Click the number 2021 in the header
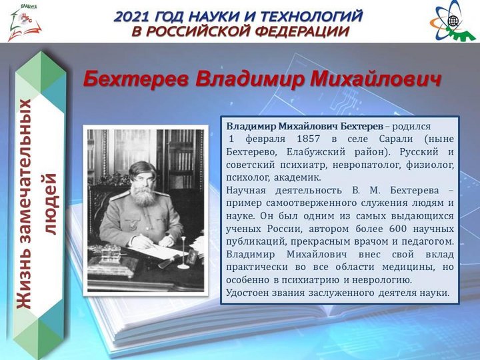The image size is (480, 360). tap(137, 15)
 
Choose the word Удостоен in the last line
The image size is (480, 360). tap(250, 293)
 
